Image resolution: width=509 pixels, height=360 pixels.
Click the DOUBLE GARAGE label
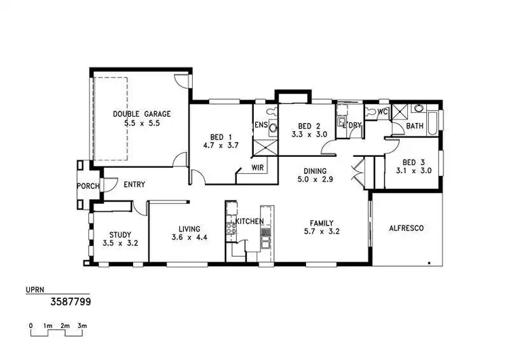tap(142, 114)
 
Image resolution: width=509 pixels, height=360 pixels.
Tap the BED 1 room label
tap(216, 136)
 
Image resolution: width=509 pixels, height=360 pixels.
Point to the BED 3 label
tap(413, 162)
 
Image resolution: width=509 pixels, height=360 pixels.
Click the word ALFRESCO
tap(407, 228)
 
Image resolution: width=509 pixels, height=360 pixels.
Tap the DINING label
tap(315, 171)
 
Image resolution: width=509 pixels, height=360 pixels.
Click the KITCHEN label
tap(248, 222)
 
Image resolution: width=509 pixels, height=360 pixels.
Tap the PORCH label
tap(88, 186)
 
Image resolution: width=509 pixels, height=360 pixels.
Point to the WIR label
tap(257, 167)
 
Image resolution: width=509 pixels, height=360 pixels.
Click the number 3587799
tap(71, 300)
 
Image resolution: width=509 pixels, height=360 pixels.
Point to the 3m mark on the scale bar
tap(81, 327)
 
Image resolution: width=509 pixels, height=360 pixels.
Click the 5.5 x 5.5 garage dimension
tap(142, 124)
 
